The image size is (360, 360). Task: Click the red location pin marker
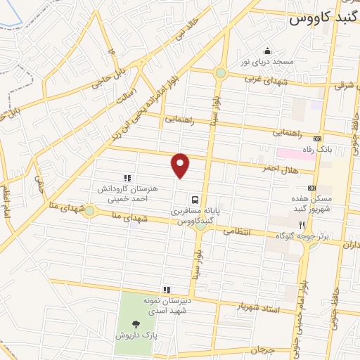coord(181,165)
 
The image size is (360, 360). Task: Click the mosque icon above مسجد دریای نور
coord(267,51)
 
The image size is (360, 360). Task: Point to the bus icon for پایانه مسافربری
coord(194,199)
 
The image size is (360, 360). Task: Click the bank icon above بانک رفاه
coord(316,139)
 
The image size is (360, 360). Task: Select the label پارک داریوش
coord(136,335)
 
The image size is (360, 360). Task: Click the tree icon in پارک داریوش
coord(136,323)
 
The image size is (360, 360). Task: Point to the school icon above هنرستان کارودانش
coord(127,178)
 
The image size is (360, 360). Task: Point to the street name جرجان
coord(260,349)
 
